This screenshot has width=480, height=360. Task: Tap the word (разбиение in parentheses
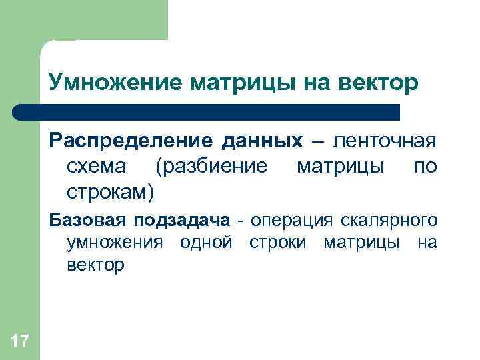(x=211, y=167)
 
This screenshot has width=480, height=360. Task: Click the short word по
(x=425, y=166)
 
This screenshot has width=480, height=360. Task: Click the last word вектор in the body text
(x=95, y=265)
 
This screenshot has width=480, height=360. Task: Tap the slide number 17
(x=20, y=342)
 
